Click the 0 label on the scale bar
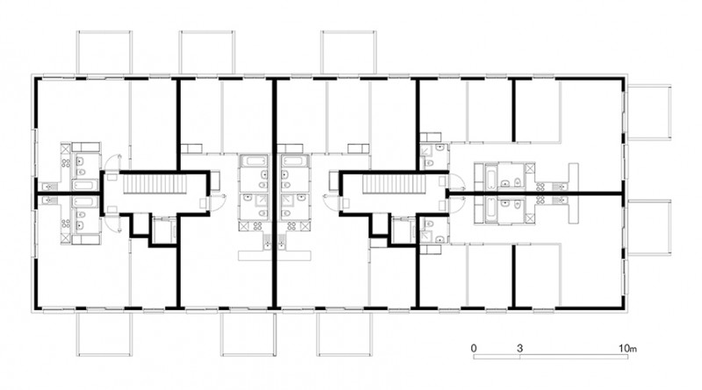point(474,348)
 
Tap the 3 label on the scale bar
point(519,348)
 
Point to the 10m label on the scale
point(627,348)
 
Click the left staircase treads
point(155,184)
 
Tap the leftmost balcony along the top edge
point(104,52)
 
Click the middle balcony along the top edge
point(207,52)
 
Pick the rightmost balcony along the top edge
point(347,52)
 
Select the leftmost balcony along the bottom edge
point(104,334)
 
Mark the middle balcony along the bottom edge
point(247,334)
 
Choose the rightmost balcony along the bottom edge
point(344,334)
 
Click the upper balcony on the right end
point(649,112)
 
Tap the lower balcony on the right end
point(649,228)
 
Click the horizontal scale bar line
point(551,357)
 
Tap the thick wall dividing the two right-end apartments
point(535,194)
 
